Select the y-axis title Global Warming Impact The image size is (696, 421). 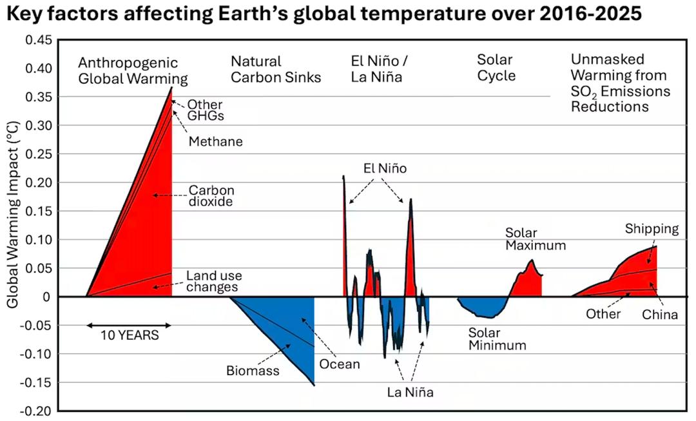click(14, 219)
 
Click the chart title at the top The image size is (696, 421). click(324, 14)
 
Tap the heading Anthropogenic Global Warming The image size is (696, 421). click(133, 71)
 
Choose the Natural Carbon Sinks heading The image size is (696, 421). click(276, 70)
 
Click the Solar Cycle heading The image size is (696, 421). click(496, 68)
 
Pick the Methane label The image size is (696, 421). click(216, 142)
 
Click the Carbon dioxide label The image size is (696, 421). click(211, 195)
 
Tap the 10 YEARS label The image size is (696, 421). click(129, 335)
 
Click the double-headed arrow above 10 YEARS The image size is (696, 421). click(129, 325)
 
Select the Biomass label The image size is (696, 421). click(253, 371)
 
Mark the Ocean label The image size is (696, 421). click(340, 364)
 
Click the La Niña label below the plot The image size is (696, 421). click(411, 391)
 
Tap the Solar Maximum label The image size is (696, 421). click(536, 239)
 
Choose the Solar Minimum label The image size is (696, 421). click(497, 339)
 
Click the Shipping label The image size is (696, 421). click(652, 229)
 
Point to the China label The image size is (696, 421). click(660, 315)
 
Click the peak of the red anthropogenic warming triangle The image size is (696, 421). click(171, 88)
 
